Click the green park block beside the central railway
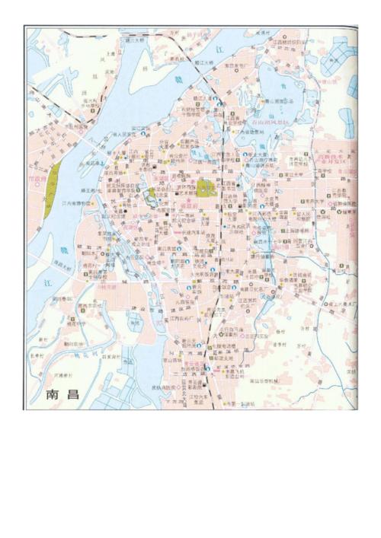coord(206,187)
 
